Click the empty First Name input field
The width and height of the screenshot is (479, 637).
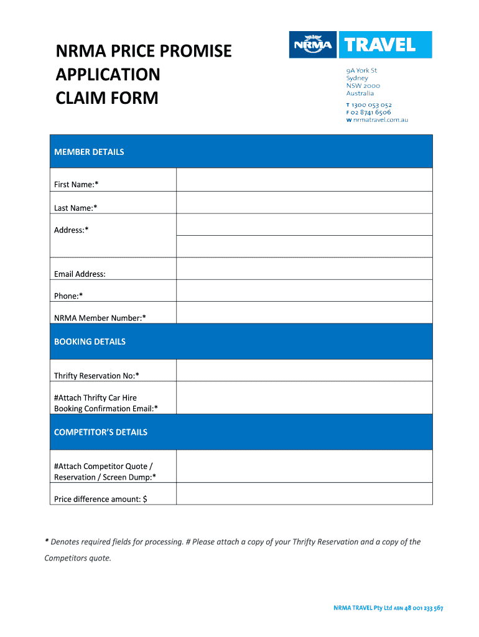tap(304, 180)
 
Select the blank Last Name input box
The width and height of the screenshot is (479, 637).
tap(304, 203)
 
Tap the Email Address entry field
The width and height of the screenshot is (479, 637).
tap(304, 269)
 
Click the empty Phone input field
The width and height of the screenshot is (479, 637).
tap(304, 291)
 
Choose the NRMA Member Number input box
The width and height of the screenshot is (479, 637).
tap(304, 312)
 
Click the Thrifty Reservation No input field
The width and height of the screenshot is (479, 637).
tap(304, 370)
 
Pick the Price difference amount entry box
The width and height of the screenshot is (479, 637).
tap(304, 494)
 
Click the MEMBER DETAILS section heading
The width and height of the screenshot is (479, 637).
tap(89, 152)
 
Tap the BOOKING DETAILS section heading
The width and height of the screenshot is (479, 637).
tap(90, 342)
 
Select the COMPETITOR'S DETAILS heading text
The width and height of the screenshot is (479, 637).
tap(101, 432)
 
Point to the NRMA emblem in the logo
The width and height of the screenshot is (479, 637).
tap(313, 45)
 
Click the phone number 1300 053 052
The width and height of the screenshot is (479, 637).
tap(371, 105)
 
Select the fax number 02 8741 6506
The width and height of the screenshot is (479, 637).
tap(371, 113)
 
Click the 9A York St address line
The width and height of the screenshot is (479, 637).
tap(361, 71)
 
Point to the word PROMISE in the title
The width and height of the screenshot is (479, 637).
tap(193, 51)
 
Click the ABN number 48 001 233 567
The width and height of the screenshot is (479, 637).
tap(424, 608)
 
